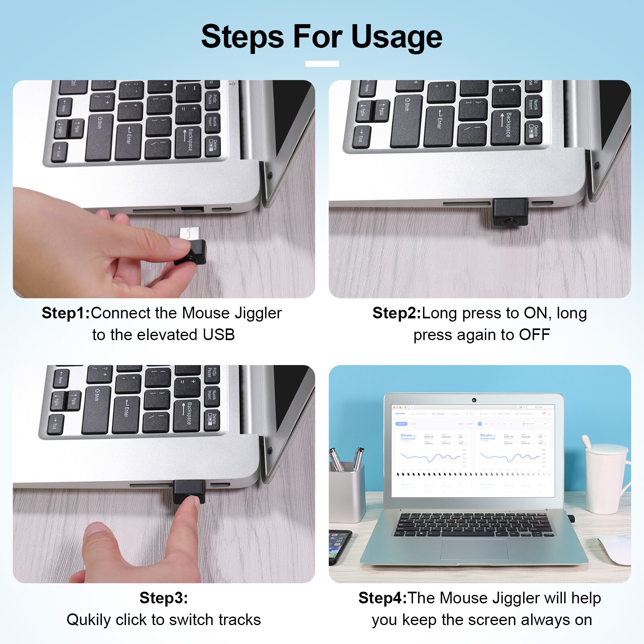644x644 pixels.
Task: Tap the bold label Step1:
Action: pos(66,313)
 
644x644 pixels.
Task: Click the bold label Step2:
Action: pos(396,313)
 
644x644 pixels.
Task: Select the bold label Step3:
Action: pos(163,598)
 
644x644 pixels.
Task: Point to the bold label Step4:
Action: pos(382,598)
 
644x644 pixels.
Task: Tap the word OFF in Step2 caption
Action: pos(534,335)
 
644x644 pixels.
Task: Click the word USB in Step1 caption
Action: pos(219,335)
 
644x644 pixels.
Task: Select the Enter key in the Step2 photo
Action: pos(439,125)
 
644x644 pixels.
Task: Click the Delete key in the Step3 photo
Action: pos(212,419)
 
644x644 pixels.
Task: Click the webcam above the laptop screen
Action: pos(474,400)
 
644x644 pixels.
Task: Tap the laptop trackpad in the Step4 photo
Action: pos(474,549)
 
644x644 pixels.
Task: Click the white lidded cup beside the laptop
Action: pos(606,479)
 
